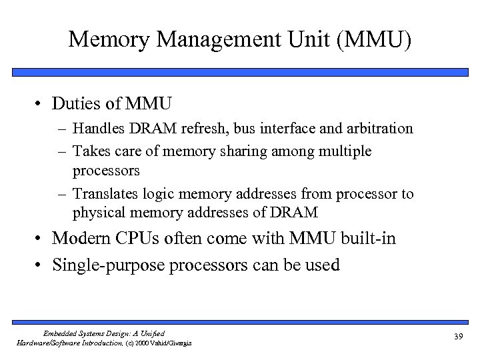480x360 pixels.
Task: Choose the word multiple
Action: click(x=345, y=151)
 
